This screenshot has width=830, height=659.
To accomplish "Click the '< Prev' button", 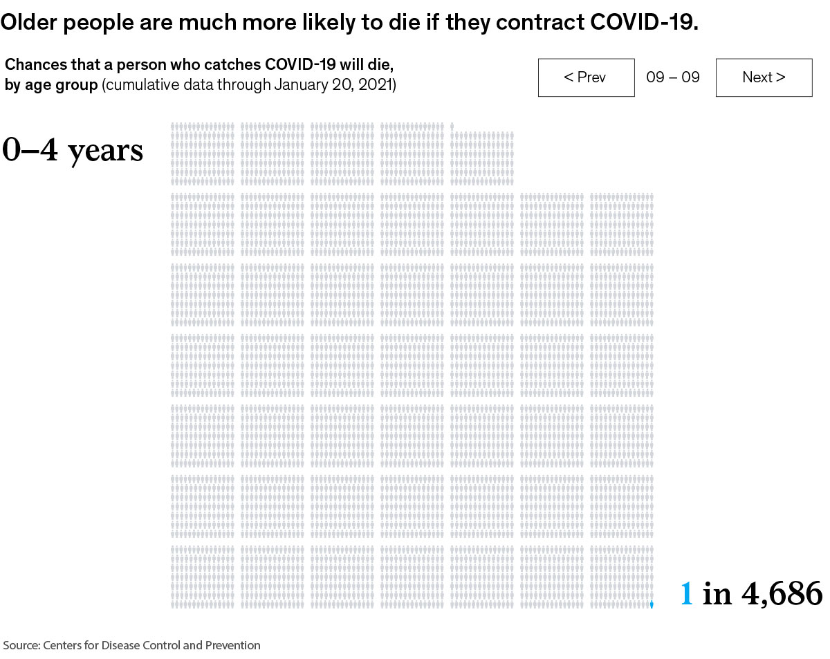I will click(x=586, y=77).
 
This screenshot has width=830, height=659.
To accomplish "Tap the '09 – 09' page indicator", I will click(x=673, y=77).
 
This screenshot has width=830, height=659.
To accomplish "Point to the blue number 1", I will click(x=686, y=594).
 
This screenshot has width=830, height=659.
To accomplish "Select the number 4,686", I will click(x=782, y=594).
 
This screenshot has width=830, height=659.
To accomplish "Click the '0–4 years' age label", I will click(x=73, y=150).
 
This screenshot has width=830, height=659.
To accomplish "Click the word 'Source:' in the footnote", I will click(x=21, y=645).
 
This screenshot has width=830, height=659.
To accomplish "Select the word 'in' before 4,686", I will click(x=717, y=594).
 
